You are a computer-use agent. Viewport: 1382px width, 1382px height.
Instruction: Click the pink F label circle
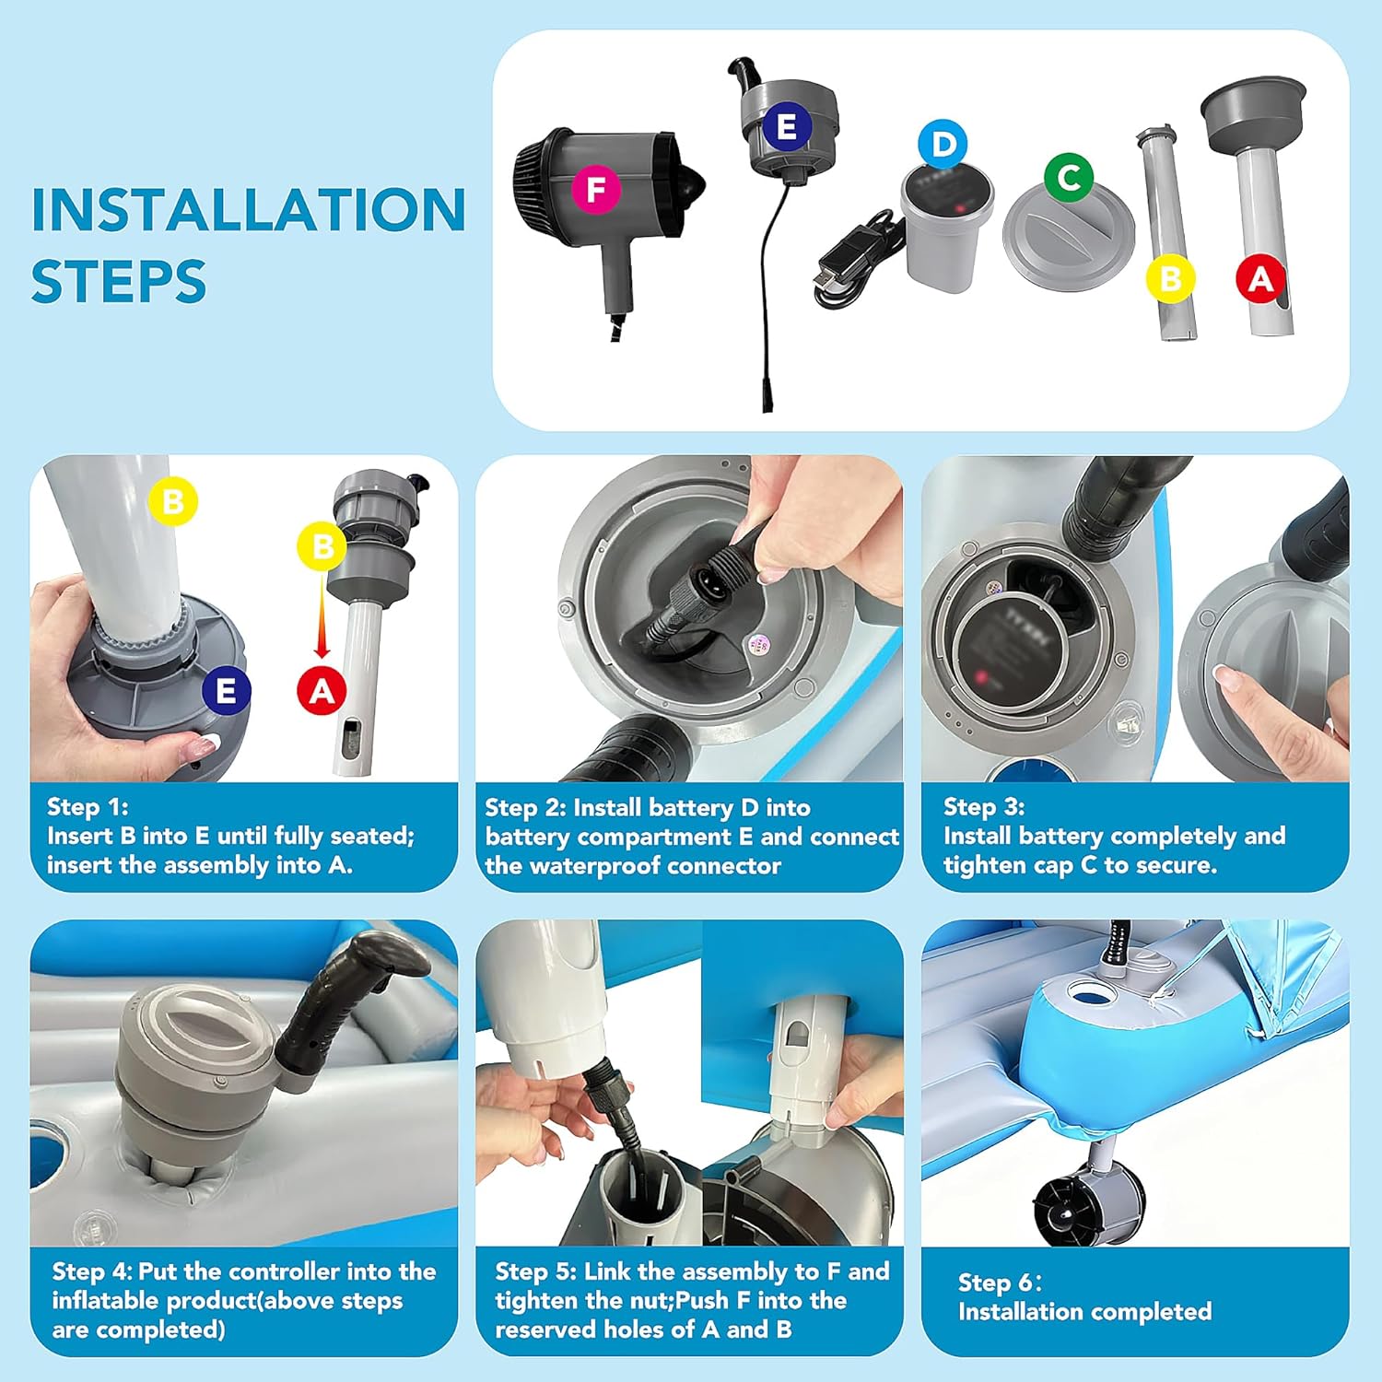click(x=596, y=190)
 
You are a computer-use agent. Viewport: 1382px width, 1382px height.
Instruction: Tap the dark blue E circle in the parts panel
click(x=786, y=127)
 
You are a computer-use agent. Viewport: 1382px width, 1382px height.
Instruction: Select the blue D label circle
click(x=943, y=145)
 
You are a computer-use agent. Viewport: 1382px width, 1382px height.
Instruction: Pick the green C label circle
click(x=1069, y=177)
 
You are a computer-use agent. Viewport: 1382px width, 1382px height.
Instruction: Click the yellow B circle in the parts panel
click(x=1170, y=278)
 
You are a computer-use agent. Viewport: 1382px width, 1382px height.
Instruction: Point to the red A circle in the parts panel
click(x=1260, y=278)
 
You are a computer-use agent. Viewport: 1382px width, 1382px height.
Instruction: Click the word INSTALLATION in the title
click(x=249, y=210)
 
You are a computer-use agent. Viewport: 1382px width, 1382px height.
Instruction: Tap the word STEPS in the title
click(x=119, y=282)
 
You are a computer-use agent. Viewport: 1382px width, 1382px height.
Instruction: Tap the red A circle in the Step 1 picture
click(x=322, y=690)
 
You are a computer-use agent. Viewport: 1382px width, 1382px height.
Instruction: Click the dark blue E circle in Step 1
click(x=226, y=690)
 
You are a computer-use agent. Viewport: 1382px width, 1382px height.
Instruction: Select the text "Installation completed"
click(x=1085, y=1311)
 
